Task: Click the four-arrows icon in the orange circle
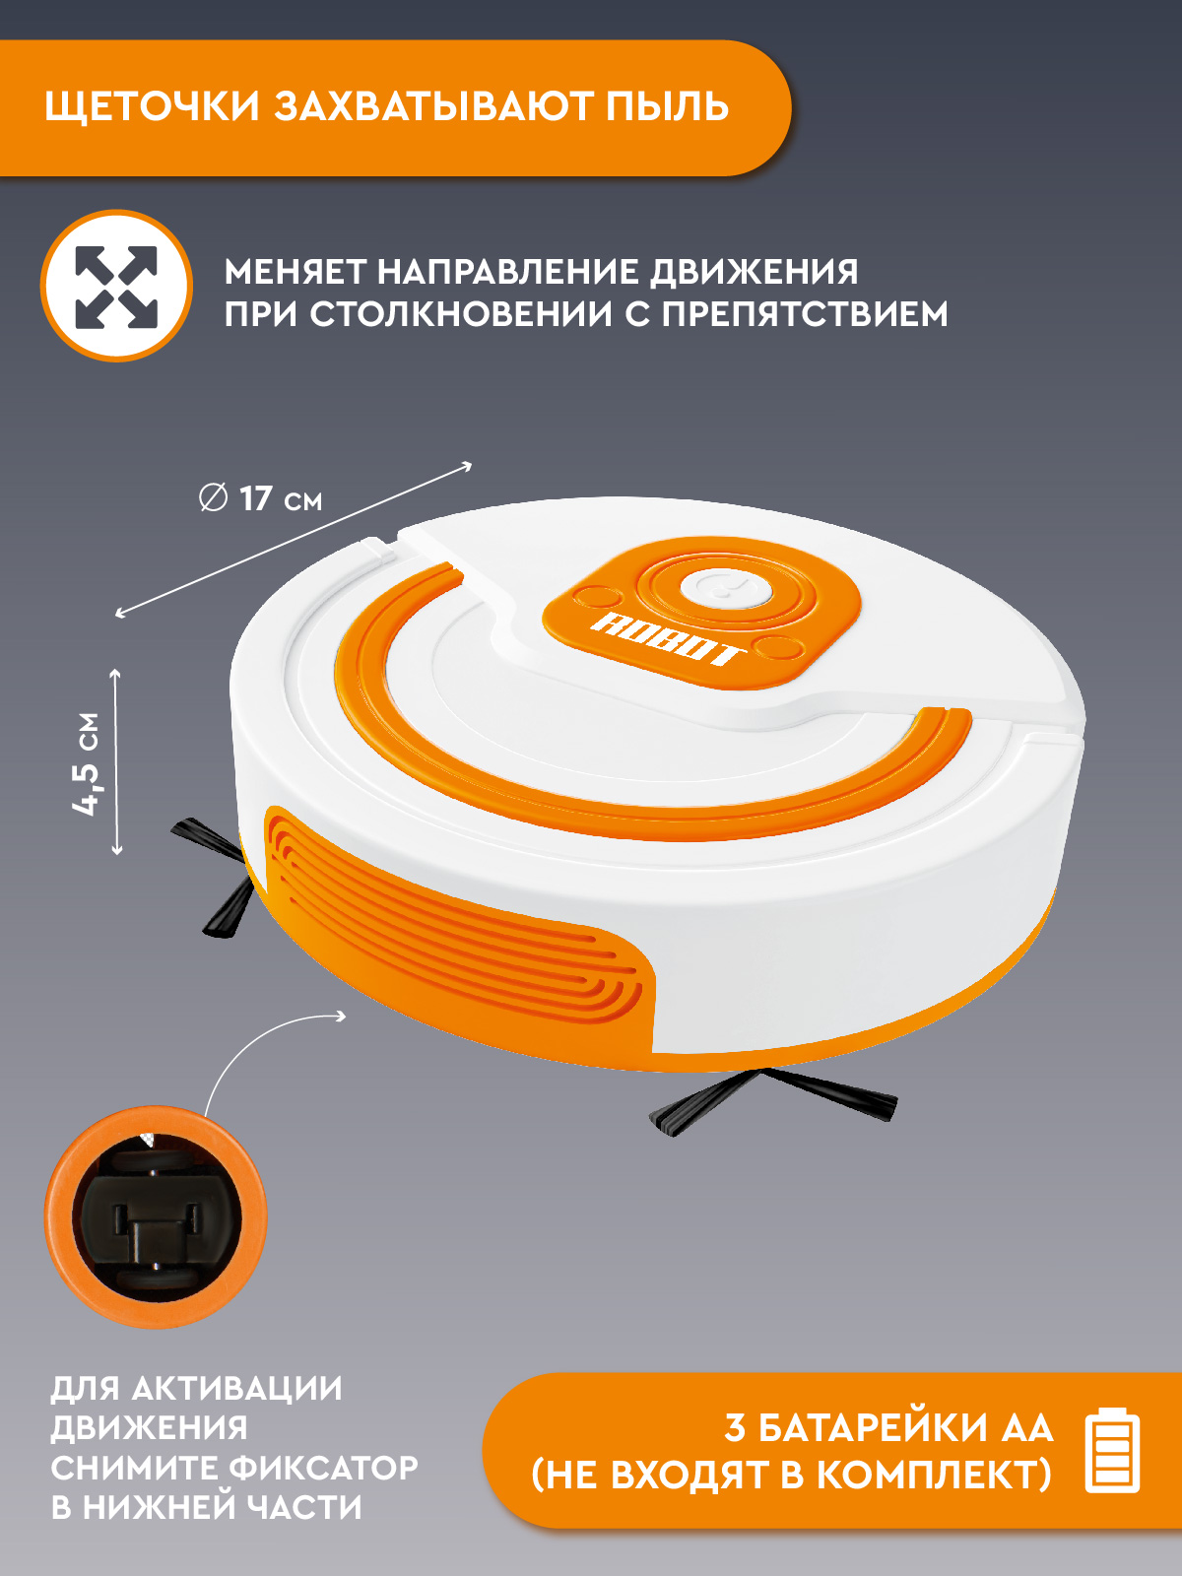pos(116,287)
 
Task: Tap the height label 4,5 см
pos(87,763)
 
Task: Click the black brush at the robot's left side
pos(222,877)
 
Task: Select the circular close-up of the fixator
pos(156,1217)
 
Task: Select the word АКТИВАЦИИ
pos(236,1389)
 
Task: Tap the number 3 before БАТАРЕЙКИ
pos(735,1428)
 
